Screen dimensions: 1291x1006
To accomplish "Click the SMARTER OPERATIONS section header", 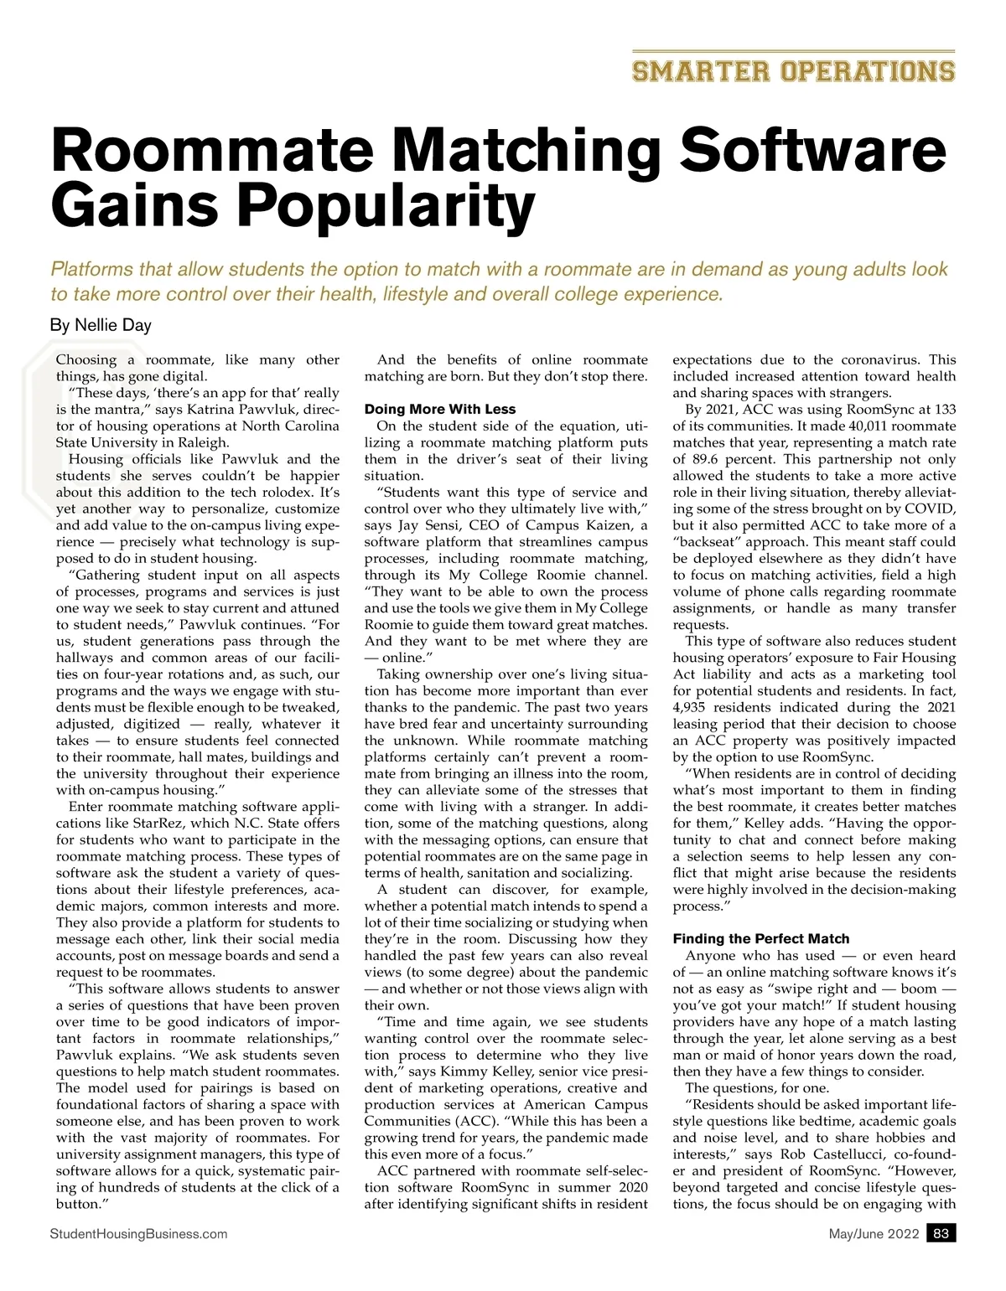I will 793,71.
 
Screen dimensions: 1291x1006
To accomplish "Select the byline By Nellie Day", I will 101,325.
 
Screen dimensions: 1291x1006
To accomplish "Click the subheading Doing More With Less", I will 440,410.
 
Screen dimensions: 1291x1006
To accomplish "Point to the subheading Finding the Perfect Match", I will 761,938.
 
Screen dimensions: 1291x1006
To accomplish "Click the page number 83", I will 941,1234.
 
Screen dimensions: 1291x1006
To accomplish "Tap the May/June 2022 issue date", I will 874,1234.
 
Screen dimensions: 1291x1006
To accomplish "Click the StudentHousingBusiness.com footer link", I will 138,1234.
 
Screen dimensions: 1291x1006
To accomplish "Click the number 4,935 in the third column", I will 692,707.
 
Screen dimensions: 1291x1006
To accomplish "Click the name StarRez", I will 156,823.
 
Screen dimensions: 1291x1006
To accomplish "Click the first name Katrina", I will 206,410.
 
